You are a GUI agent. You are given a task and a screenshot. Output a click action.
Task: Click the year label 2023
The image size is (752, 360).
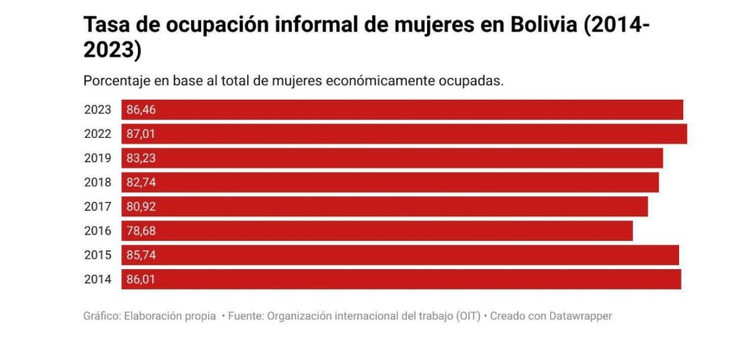(x=97, y=110)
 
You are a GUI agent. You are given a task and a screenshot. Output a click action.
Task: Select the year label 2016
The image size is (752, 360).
(x=97, y=231)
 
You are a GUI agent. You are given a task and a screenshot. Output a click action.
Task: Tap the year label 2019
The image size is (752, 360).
(x=97, y=158)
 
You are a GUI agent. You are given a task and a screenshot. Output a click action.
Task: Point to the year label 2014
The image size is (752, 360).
(x=97, y=280)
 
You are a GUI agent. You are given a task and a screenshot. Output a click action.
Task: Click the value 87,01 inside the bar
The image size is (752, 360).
(x=141, y=135)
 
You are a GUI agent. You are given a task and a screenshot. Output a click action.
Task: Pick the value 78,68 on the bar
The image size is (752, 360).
(x=141, y=231)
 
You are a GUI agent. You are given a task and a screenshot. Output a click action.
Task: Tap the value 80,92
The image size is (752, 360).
(x=141, y=207)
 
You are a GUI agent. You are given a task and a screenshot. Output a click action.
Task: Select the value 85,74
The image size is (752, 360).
(x=141, y=255)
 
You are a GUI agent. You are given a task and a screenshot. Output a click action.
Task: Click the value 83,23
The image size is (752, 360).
(x=141, y=158)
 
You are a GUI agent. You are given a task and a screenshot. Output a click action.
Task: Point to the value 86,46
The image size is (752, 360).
(x=141, y=110)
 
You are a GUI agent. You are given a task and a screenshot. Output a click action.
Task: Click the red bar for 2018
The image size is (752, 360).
(x=390, y=182)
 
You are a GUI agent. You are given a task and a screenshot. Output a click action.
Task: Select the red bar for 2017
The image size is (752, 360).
(x=385, y=207)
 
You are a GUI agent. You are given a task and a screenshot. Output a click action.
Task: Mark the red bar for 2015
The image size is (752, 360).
(x=400, y=255)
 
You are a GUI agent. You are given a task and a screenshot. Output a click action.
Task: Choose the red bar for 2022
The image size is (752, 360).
(x=404, y=134)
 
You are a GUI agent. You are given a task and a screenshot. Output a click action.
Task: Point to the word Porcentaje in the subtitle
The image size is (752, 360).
(x=116, y=81)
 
